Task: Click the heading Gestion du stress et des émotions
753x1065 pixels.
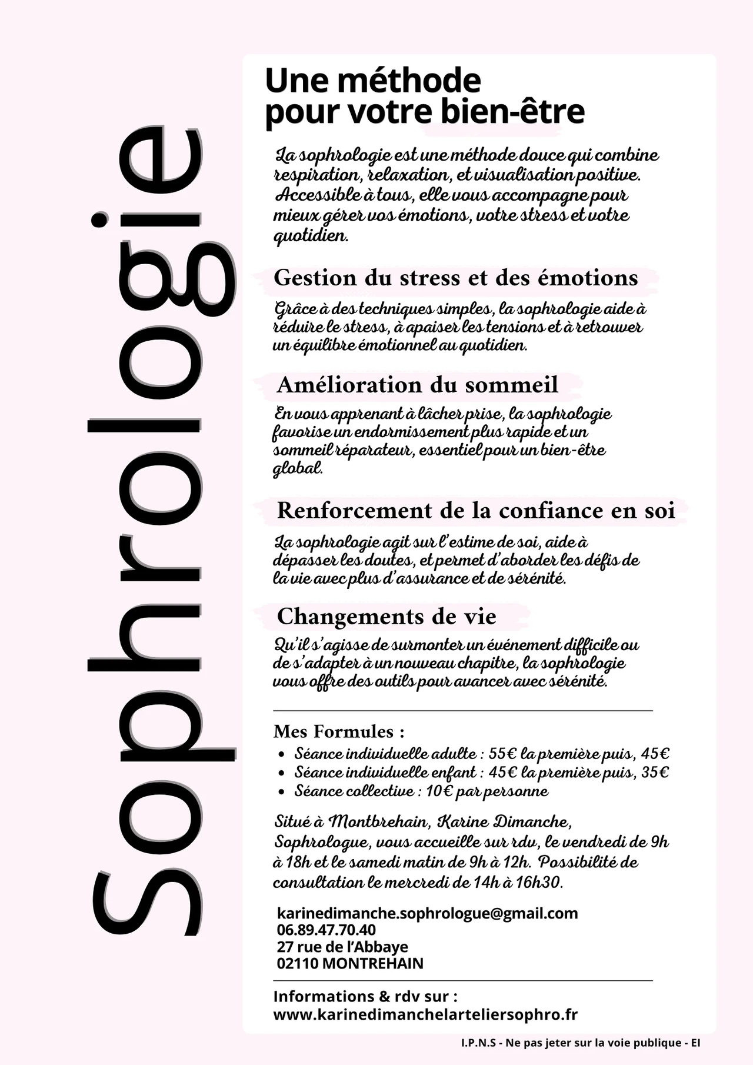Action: (456, 278)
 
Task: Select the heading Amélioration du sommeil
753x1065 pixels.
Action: (417, 385)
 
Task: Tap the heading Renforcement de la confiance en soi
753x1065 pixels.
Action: (476, 510)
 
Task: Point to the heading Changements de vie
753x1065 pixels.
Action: (387, 617)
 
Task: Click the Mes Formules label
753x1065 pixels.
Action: (339, 731)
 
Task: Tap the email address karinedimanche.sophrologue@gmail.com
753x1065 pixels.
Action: (427, 913)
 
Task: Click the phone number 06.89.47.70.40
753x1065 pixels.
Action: (326, 930)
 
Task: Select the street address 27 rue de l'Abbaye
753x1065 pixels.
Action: (342, 947)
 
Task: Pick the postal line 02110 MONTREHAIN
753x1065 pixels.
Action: (350, 963)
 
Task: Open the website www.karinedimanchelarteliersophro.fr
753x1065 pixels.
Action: (425, 1014)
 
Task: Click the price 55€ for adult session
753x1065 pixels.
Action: (502, 754)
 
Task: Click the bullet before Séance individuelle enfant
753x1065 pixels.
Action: (282, 773)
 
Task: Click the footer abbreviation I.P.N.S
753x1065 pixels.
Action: (478, 1043)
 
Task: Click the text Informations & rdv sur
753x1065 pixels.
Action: (365, 996)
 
